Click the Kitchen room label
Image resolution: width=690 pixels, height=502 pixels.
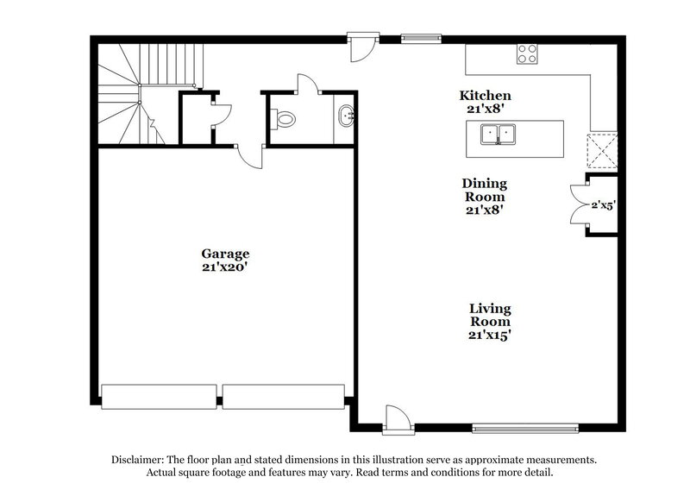click(x=486, y=103)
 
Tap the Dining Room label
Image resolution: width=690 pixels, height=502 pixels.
click(x=484, y=196)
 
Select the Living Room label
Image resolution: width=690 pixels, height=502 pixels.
click(x=490, y=321)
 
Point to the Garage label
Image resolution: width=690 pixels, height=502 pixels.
click(x=225, y=260)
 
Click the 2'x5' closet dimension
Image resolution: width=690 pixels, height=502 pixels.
click(x=602, y=205)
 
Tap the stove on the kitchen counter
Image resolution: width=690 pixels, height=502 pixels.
click(x=527, y=54)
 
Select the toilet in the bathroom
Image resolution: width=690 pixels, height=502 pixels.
click(x=284, y=119)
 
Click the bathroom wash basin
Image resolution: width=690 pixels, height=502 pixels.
click(x=345, y=116)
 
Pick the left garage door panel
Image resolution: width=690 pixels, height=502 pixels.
click(x=159, y=397)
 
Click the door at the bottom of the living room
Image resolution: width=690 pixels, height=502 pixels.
click(x=397, y=418)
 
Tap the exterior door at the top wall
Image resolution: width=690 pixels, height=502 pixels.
click(x=362, y=45)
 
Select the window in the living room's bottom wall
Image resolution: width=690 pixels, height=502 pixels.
click(x=525, y=427)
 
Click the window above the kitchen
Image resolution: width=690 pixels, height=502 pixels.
click(x=420, y=38)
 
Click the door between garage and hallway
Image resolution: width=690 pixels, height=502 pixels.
click(x=250, y=155)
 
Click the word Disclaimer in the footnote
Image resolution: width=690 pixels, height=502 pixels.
click(x=140, y=460)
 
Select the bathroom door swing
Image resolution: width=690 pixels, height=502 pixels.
click(x=306, y=85)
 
